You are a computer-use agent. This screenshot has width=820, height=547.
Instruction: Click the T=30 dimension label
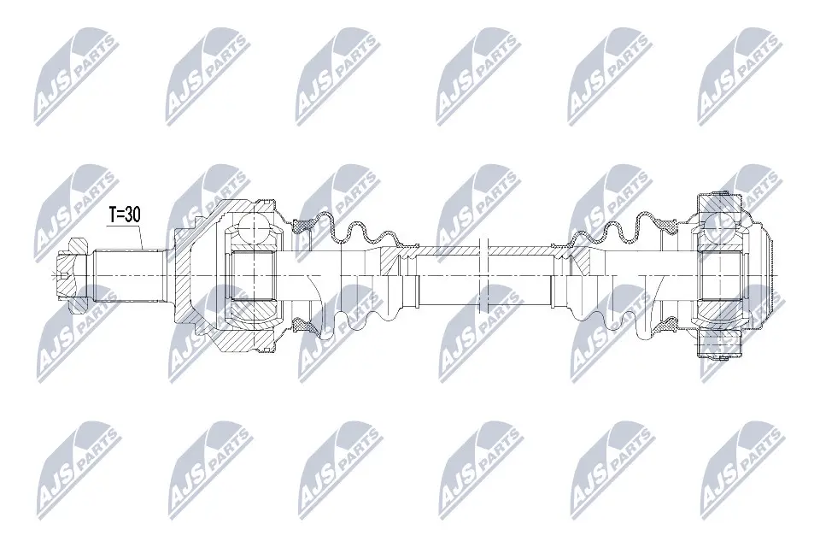tap(124, 216)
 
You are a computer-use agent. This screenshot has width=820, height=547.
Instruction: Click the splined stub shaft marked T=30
tap(128, 275)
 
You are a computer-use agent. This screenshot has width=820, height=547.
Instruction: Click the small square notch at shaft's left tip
tap(67, 276)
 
